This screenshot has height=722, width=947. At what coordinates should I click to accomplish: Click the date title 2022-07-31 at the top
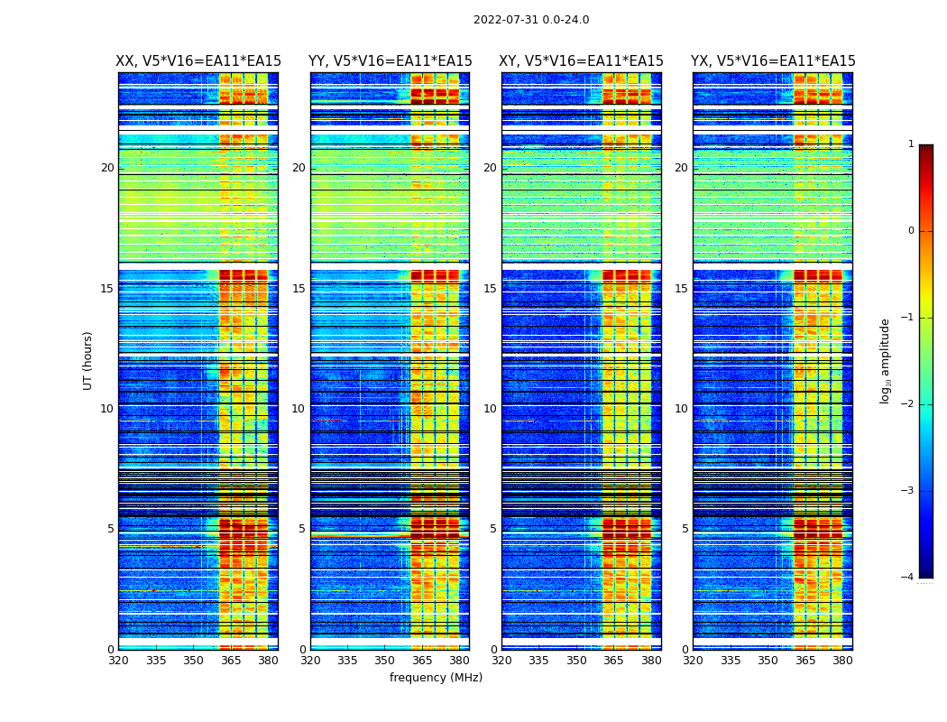(x=530, y=20)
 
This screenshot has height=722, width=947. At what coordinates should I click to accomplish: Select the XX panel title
(x=198, y=61)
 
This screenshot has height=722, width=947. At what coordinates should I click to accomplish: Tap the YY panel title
(x=390, y=61)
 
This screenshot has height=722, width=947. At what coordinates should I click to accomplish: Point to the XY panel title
(x=582, y=61)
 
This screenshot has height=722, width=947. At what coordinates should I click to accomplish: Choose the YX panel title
(x=773, y=61)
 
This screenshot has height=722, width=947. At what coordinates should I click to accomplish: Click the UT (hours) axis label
(x=88, y=360)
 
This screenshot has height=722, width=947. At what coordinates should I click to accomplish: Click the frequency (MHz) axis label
(x=436, y=678)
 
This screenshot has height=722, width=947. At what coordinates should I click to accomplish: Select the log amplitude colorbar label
(x=886, y=360)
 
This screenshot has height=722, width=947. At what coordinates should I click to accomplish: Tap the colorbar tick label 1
(x=911, y=144)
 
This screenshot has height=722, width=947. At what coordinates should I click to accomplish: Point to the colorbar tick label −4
(x=908, y=578)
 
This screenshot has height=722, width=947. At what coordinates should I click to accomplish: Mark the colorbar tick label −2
(x=908, y=404)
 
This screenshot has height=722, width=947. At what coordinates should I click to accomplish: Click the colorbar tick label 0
(x=911, y=231)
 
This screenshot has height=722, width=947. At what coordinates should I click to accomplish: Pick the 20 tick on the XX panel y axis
(x=107, y=168)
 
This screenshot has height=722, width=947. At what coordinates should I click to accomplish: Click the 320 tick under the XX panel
(x=118, y=661)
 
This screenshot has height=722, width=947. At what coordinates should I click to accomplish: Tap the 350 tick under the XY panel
(x=576, y=661)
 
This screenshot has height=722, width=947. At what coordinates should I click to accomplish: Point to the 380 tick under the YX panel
(x=842, y=661)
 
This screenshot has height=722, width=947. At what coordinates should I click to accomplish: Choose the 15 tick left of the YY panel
(x=299, y=289)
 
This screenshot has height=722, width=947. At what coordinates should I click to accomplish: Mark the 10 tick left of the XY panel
(x=490, y=409)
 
